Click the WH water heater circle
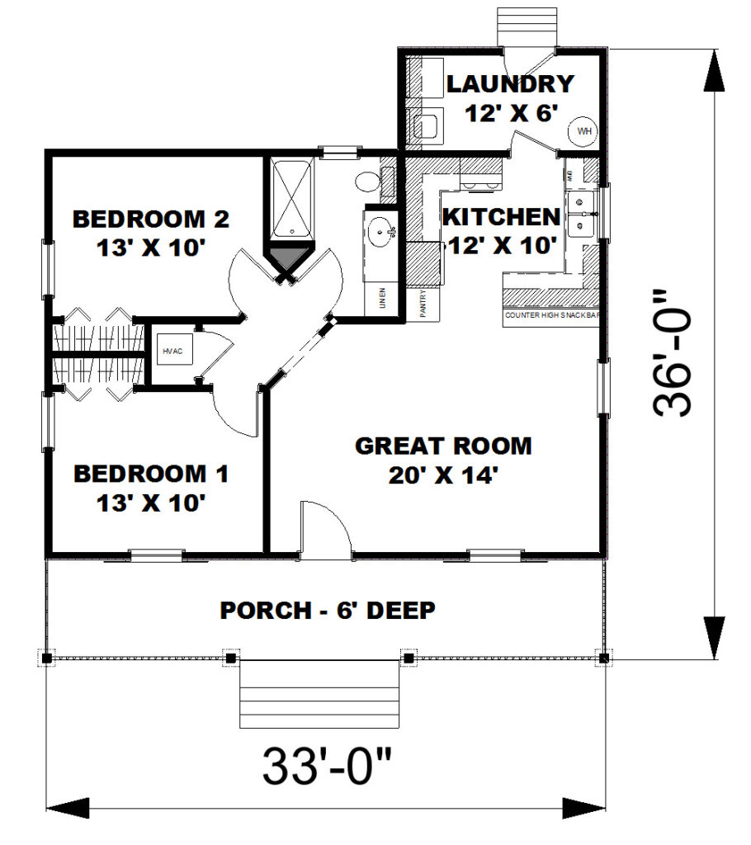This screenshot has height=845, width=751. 583,131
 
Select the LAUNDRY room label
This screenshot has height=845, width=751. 509,84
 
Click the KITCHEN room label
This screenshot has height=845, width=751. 501,218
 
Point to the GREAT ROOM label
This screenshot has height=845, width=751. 443,446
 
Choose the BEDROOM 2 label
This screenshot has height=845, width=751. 150,220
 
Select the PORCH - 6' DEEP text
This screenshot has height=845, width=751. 328,611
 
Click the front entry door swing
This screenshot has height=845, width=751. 324,528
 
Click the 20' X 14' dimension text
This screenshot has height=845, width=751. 443,475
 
